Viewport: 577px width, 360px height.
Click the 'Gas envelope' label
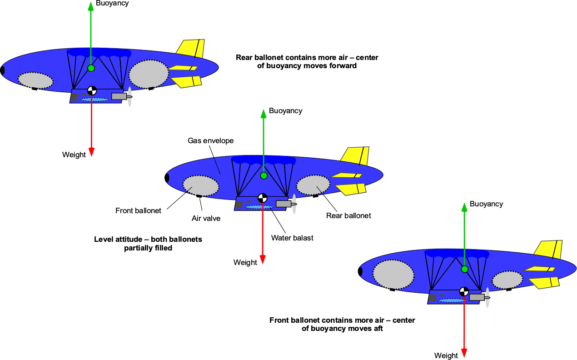[210, 141]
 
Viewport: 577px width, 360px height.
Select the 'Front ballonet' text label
[138, 210]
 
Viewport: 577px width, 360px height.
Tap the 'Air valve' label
[206, 219]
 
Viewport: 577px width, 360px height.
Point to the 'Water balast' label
[292, 238]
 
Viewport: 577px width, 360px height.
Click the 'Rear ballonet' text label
[348, 215]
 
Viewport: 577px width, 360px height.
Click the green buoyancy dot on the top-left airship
[91, 68]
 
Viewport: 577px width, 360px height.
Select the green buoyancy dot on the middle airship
[264, 175]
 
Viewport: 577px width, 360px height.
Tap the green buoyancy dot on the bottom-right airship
[464, 269]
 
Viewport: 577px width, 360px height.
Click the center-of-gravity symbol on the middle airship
[263, 198]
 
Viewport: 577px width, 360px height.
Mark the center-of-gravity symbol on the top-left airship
[92, 90]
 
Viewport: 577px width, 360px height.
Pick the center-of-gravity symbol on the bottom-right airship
[464, 291]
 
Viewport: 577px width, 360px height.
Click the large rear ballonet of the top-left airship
[149, 73]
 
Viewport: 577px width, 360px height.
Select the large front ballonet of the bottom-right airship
[393, 275]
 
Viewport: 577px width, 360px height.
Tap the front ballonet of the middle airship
[200, 185]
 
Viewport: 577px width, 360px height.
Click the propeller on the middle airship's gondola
[294, 205]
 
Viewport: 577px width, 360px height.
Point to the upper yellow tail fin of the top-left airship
[191, 48]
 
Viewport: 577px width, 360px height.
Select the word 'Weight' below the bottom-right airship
[446, 355]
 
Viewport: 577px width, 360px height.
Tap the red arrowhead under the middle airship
[263, 260]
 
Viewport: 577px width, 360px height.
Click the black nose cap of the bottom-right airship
[360, 271]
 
